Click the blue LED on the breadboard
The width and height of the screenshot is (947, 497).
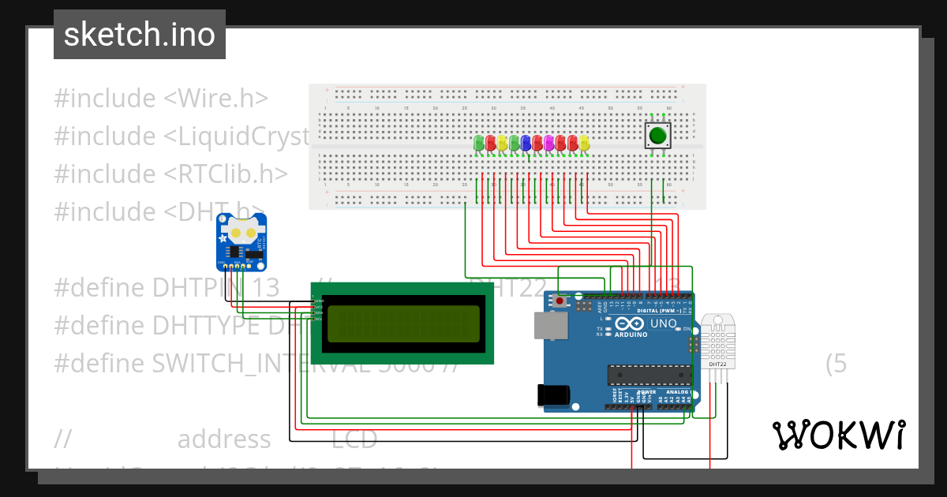pos(526,143)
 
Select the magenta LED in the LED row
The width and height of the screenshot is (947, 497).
pos(549,143)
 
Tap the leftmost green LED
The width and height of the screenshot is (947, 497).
pos(479,143)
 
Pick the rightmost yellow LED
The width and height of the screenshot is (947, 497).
pos(584,143)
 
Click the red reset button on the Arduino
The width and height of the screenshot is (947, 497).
pos(560,301)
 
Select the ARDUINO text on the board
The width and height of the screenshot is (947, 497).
pos(630,334)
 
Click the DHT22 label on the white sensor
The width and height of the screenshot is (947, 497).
pos(717,364)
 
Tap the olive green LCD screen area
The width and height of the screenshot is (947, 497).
pos(403,323)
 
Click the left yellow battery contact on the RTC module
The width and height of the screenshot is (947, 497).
pos(234,234)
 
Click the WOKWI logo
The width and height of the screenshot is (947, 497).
pos(838,435)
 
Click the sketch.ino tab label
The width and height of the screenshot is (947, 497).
pos(140,35)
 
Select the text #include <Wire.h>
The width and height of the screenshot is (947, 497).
pos(161,99)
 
